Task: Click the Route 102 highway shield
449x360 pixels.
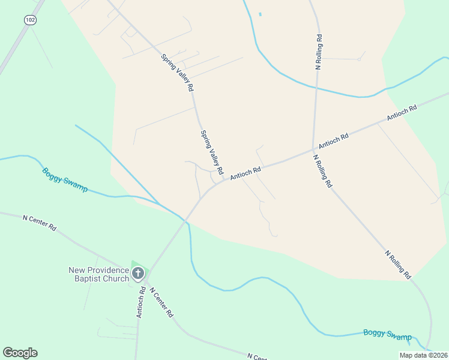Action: coord(29,20)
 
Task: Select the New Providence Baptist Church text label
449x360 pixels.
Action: coord(98,274)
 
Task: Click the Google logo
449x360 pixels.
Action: coord(20,353)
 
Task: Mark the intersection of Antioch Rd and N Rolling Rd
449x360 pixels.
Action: coord(313,149)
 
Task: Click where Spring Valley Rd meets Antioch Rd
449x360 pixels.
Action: coord(224,180)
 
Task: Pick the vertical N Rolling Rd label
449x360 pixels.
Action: coord(319,53)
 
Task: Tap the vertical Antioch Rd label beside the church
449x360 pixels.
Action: coord(140,302)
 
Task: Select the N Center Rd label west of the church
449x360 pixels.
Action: coord(39,223)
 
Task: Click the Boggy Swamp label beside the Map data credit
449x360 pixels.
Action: coord(388,335)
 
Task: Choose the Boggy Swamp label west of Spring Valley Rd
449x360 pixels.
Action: coord(65,180)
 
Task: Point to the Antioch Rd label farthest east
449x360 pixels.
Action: coord(402,113)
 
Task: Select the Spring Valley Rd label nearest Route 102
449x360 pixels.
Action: coord(177,73)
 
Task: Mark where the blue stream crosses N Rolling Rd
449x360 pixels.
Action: coord(315,88)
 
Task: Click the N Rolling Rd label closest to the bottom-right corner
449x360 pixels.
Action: coord(398,265)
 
